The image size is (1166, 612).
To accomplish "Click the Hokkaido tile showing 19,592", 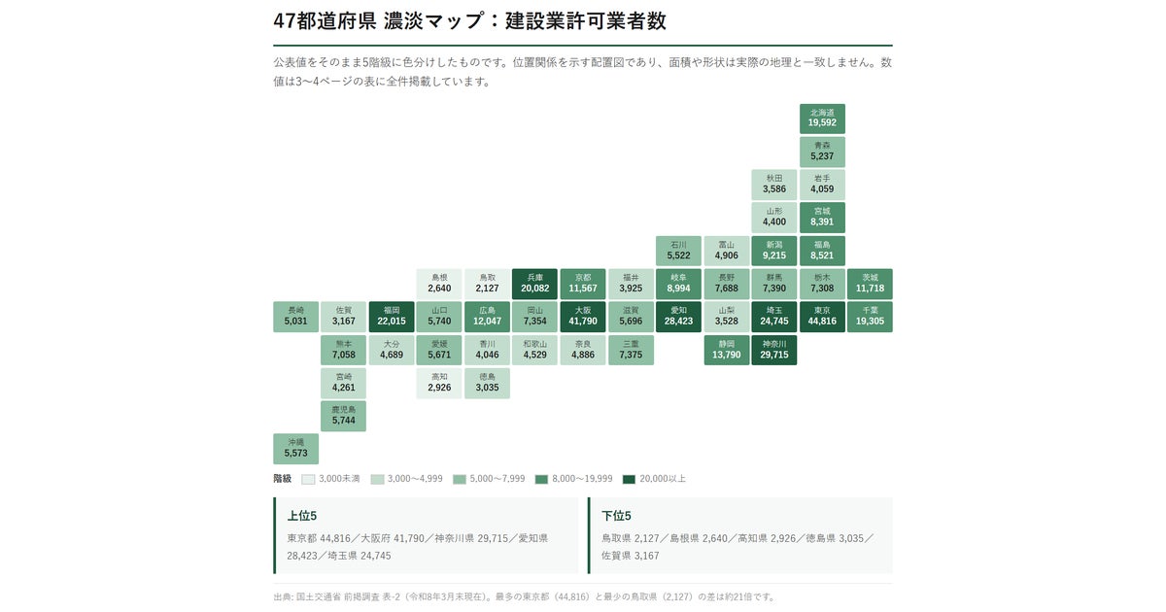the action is click(822, 119).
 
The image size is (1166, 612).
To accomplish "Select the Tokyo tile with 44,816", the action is click(822, 317).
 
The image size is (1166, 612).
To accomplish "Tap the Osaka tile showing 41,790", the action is click(582, 317).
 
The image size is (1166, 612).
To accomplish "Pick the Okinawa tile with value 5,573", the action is click(295, 449).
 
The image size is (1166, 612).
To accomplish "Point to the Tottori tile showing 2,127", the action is click(487, 284).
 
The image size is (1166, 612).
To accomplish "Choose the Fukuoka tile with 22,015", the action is click(392, 317).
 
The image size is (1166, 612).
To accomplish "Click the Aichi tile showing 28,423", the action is click(678, 317).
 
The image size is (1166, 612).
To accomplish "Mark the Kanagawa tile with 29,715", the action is click(774, 350).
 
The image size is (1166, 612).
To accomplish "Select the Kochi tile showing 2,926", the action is click(439, 383).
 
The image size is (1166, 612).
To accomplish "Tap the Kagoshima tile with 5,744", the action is click(344, 416).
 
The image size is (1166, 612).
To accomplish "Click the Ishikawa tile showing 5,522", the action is click(678, 251).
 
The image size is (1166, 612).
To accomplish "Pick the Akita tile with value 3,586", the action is click(774, 185).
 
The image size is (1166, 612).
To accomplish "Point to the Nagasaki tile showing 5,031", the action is click(295, 317).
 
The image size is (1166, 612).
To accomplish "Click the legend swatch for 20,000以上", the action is click(629, 479).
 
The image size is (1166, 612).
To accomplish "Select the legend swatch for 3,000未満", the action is click(308, 479).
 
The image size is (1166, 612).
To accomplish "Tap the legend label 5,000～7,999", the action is click(497, 479).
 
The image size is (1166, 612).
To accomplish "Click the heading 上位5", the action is click(302, 516).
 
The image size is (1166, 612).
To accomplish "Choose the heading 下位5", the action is click(616, 516).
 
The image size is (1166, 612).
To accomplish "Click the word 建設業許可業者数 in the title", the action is click(586, 20).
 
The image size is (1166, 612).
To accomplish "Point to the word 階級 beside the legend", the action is click(282, 479).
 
